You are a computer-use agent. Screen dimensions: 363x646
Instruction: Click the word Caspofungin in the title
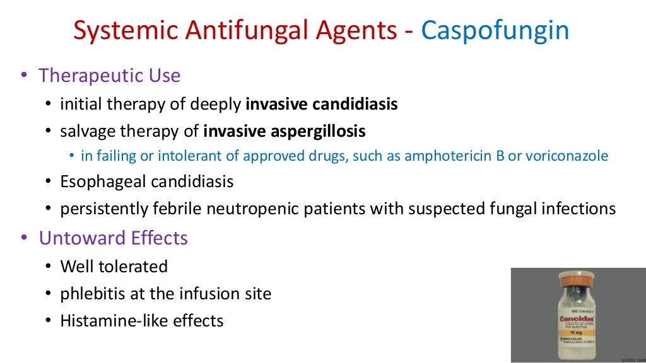(x=495, y=30)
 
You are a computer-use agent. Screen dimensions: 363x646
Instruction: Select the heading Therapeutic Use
(x=109, y=76)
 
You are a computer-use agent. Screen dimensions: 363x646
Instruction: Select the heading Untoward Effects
(x=113, y=238)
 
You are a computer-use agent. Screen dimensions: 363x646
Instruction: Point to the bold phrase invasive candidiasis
(x=322, y=104)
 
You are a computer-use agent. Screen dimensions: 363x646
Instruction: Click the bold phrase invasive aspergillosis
(x=285, y=131)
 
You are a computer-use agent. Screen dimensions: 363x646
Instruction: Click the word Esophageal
(x=103, y=182)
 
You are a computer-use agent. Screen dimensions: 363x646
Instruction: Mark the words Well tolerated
(x=114, y=267)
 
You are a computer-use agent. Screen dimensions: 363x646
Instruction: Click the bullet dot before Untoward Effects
(x=24, y=238)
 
